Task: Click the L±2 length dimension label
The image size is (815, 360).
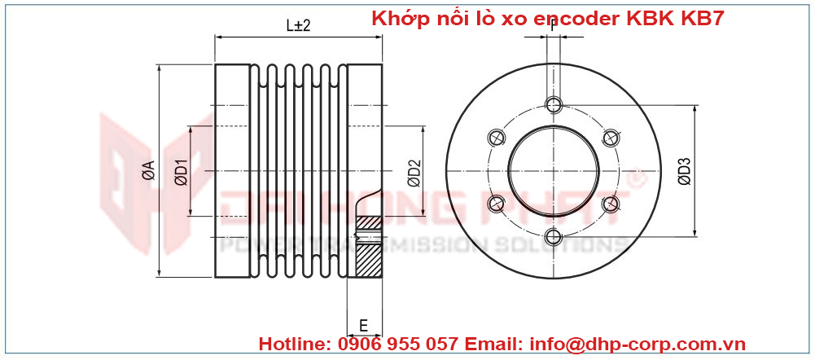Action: click(x=298, y=26)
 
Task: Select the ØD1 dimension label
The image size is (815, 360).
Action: click(x=181, y=171)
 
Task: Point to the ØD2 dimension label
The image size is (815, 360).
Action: click(x=414, y=173)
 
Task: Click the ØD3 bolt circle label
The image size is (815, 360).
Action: click(x=683, y=171)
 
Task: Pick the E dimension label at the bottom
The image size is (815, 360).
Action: click(x=363, y=326)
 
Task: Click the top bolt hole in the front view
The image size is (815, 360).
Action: click(x=554, y=104)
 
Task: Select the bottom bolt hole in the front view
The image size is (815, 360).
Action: click(x=554, y=237)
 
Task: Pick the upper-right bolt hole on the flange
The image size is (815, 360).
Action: click(x=611, y=138)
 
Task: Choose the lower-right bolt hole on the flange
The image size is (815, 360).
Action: click(x=611, y=204)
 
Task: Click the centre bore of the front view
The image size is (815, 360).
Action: click(x=554, y=170)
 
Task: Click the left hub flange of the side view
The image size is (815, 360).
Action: click(x=233, y=171)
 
